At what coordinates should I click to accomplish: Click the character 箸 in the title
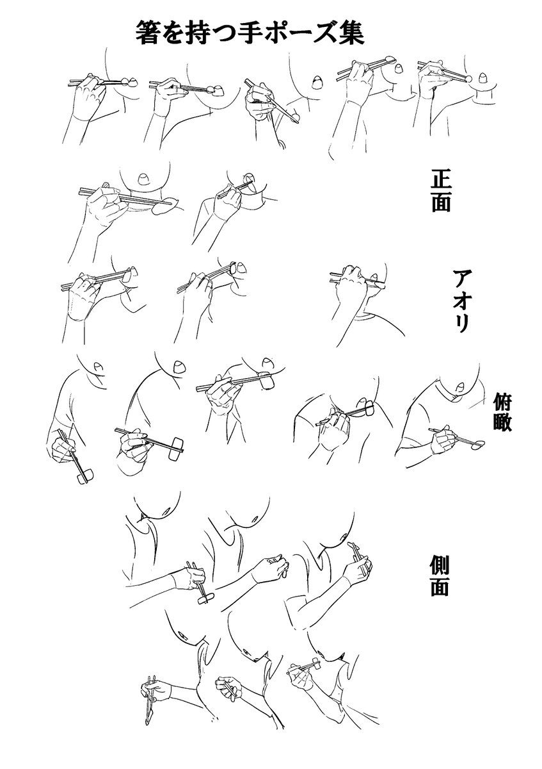click(x=147, y=33)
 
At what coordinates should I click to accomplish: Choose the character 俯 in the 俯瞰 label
click(x=502, y=401)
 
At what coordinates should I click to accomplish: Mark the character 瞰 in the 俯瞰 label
click(x=502, y=422)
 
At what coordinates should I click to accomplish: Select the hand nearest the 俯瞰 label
click(x=443, y=441)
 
